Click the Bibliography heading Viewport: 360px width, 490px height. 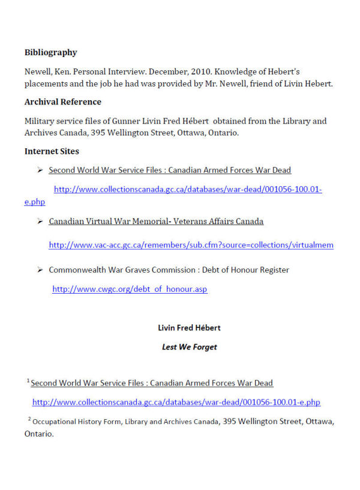[50, 52]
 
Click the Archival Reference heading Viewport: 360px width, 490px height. [62, 101]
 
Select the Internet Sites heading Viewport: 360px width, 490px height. [52, 151]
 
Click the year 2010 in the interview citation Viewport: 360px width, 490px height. [176, 71]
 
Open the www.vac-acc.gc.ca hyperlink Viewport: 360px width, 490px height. [191, 245]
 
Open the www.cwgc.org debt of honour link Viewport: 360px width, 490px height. [130, 289]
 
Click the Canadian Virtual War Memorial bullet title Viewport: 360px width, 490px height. [156, 221]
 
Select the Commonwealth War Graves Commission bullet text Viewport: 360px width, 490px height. [169, 270]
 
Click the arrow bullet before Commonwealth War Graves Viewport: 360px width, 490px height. [40, 270]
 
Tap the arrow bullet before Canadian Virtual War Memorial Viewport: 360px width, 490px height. [40, 221]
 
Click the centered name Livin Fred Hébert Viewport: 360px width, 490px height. [189, 328]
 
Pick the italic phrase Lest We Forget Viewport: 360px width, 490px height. [189, 346]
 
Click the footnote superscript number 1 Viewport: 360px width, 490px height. [28, 381]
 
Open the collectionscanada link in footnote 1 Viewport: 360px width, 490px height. [176, 402]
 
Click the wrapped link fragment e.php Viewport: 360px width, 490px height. [35, 202]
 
